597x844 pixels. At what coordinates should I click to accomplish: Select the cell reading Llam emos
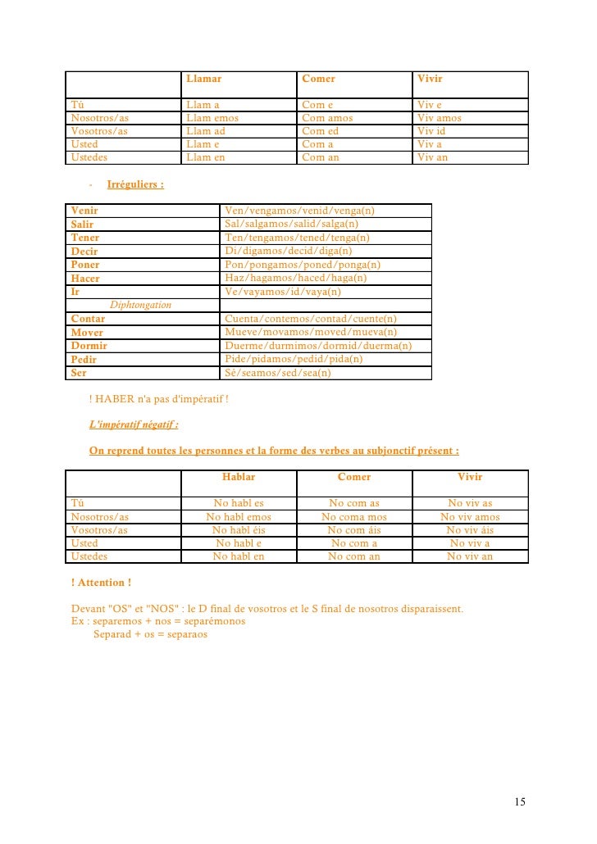(x=212, y=118)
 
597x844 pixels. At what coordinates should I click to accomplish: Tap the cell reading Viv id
(x=431, y=131)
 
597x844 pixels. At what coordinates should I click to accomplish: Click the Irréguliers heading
(x=134, y=184)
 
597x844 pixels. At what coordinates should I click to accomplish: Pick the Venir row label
(x=84, y=211)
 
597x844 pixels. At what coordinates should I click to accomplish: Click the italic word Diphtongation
(x=140, y=305)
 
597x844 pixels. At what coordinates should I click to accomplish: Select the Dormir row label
(x=89, y=346)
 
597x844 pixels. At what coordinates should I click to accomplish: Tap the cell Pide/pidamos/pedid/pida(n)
(x=294, y=359)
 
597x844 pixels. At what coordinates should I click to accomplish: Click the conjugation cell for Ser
(x=278, y=373)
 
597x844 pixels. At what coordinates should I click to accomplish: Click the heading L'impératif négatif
(x=134, y=424)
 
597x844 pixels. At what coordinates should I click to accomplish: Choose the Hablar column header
(x=239, y=477)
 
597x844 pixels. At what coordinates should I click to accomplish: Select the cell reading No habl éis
(x=239, y=530)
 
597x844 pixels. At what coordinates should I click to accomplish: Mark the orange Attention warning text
(x=102, y=583)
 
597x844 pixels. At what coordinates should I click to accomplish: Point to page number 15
(x=520, y=801)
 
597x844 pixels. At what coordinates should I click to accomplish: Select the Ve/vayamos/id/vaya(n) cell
(x=283, y=292)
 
